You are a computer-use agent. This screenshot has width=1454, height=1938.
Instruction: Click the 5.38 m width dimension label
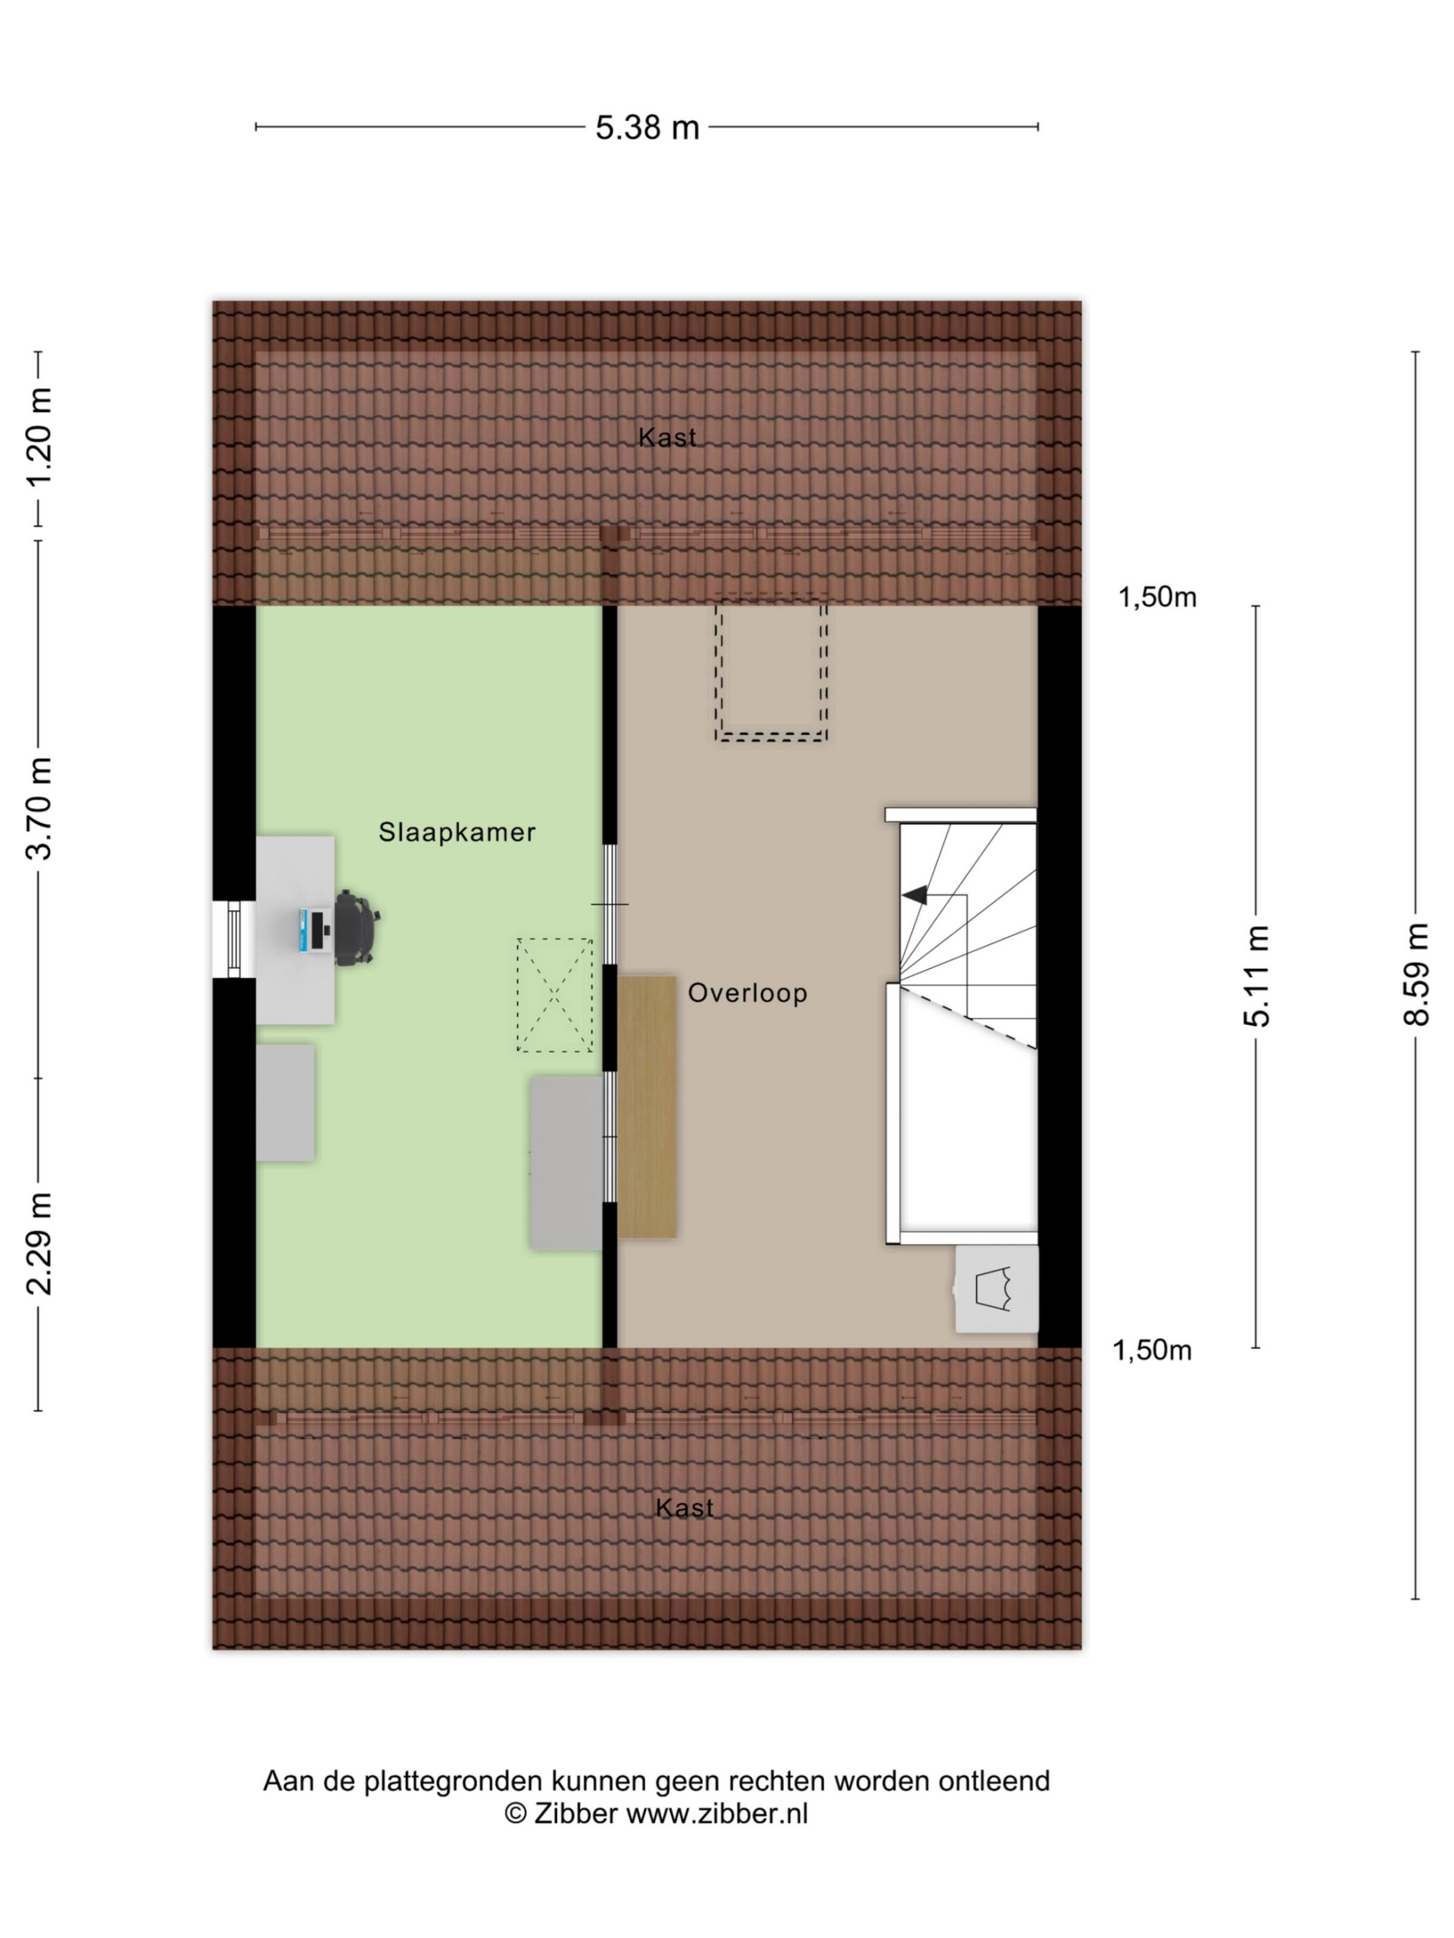647,128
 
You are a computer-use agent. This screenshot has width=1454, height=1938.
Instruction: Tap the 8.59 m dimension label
1415,974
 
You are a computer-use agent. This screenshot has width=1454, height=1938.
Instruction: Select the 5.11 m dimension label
1256,975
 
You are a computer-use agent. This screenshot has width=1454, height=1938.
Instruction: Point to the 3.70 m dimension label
39,808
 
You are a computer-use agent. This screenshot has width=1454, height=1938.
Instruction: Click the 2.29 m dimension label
39,1244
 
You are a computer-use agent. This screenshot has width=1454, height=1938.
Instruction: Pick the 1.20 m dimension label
39,438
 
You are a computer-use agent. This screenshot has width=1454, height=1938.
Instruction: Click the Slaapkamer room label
457,832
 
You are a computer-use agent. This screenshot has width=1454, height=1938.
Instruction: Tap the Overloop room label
747,993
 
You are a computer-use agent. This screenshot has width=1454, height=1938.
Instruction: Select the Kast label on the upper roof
667,438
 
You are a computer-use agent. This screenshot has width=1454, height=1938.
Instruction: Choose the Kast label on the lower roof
685,1508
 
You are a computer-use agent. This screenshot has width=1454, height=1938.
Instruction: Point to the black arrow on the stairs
915,896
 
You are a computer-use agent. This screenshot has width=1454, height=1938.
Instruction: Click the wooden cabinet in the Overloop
647,1108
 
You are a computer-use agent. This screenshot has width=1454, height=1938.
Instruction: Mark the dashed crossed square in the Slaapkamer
554,995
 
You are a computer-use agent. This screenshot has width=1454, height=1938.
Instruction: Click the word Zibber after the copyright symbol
576,1814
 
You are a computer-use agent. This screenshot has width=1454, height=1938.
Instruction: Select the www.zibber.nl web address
717,1814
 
